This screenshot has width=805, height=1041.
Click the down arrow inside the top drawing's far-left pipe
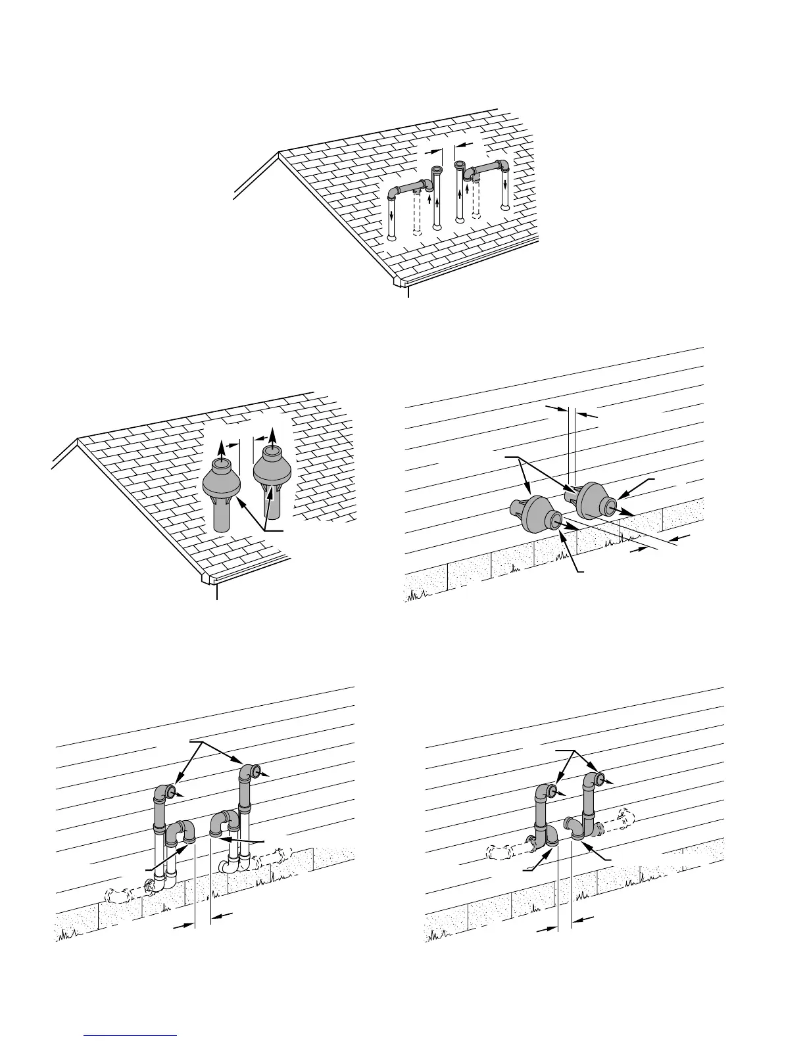pyautogui.click(x=392, y=216)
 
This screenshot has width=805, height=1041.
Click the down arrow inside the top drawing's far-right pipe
pyautogui.click(x=505, y=184)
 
